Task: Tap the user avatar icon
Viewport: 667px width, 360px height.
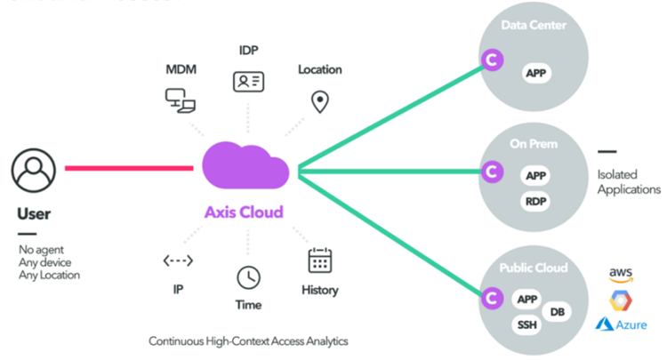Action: (35, 168)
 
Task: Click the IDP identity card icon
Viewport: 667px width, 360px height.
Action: (248, 82)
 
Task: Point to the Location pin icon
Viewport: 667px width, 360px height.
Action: (319, 101)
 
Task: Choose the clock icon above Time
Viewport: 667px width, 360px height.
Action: (248, 277)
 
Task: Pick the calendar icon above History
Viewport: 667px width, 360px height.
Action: (319, 260)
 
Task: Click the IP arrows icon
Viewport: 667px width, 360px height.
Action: (178, 260)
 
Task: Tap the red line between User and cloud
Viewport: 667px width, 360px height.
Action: (129, 167)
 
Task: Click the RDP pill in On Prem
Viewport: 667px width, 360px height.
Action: (535, 202)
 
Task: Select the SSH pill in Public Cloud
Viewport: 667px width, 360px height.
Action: (526, 325)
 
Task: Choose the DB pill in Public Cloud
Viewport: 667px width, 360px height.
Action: (558, 311)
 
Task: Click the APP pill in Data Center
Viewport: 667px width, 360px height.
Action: (535, 74)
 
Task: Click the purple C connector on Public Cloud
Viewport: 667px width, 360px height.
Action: (488, 297)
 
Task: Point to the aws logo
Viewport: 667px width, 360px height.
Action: (620, 273)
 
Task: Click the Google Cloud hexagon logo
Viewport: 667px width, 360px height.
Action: (620, 299)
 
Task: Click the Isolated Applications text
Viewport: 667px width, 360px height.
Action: (629, 182)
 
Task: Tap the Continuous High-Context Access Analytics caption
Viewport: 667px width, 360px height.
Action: (248, 340)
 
